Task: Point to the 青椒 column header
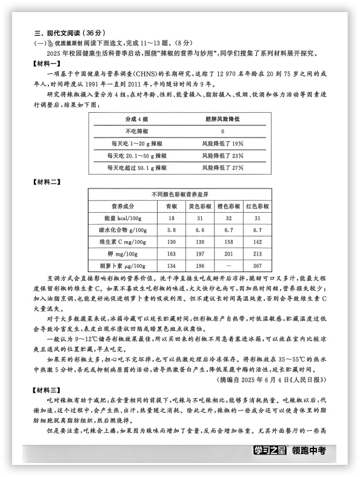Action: [172, 206]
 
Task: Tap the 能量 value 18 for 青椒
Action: [172, 218]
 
